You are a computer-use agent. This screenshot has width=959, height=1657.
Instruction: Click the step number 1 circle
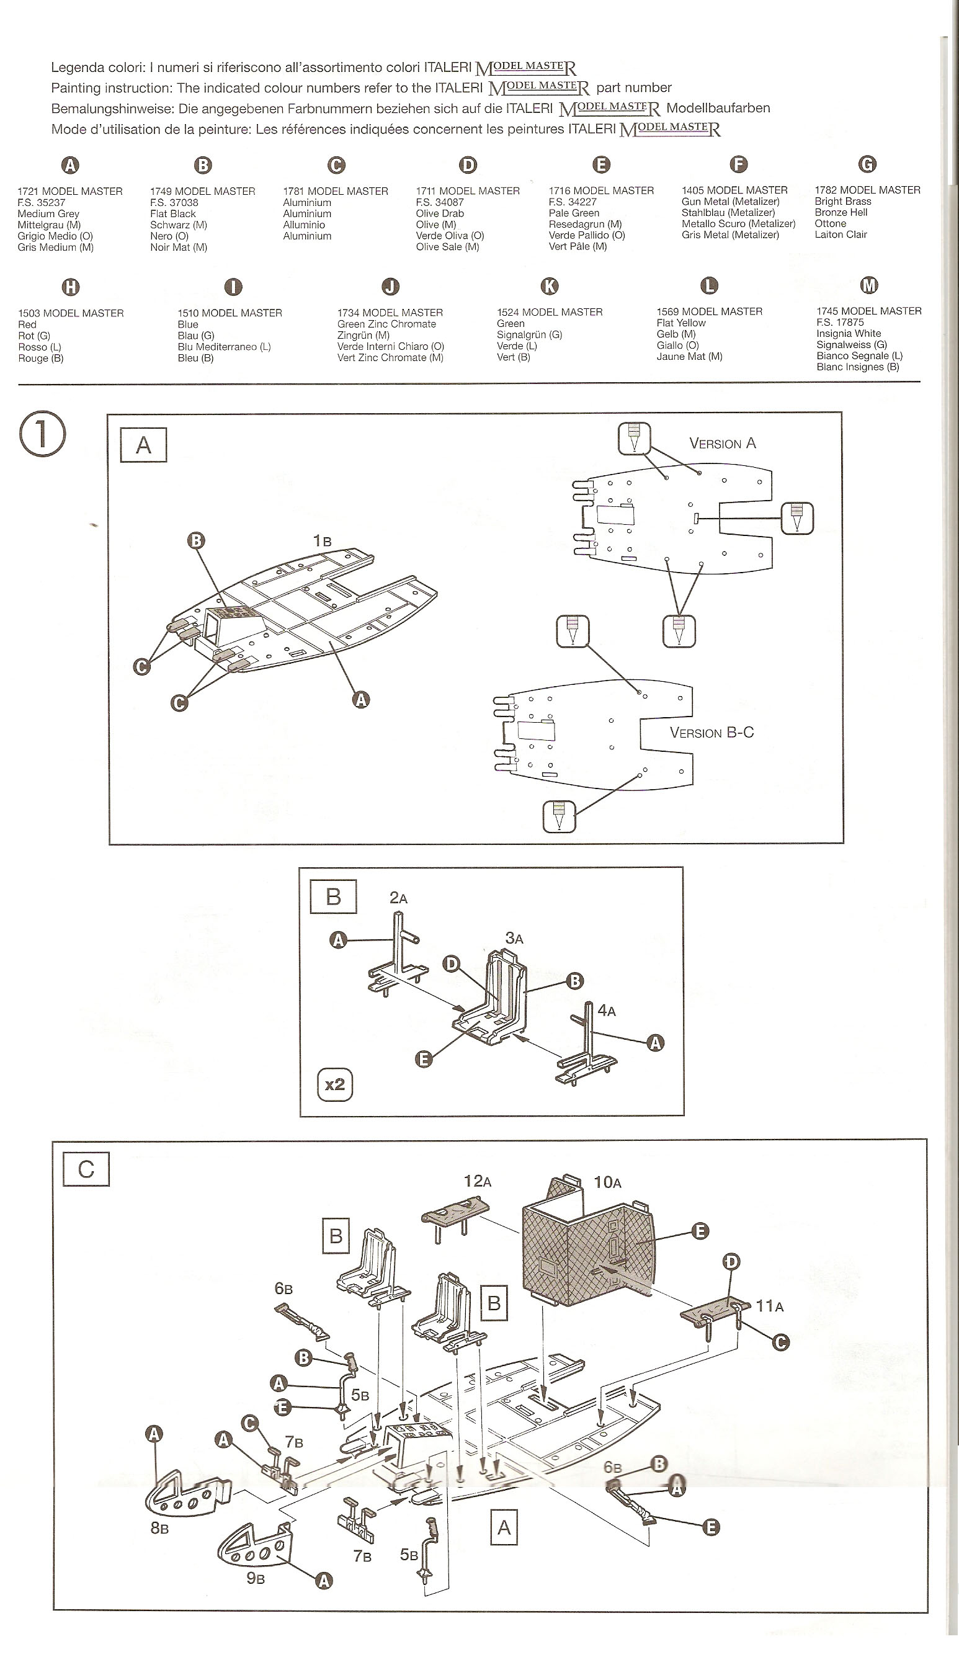(x=43, y=434)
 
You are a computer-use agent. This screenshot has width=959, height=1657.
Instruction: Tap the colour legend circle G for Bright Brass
(x=867, y=164)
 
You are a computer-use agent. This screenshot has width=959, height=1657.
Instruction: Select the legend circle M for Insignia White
(x=869, y=285)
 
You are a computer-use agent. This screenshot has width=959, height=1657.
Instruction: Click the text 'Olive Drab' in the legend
(x=440, y=213)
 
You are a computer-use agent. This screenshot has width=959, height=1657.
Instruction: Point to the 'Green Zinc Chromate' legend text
(x=386, y=324)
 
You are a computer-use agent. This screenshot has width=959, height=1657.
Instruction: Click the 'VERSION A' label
(x=723, y=444)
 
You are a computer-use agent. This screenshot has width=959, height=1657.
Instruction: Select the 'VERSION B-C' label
(x=712, y=733)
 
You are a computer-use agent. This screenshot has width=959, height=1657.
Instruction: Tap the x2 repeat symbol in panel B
(x=334, y=1084)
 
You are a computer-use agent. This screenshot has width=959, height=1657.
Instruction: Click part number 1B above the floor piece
(x=322, y=540)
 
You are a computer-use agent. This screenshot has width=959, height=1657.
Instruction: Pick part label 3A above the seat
(x=514, y=939)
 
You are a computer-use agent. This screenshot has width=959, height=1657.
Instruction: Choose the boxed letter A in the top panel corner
(x=143, y=445)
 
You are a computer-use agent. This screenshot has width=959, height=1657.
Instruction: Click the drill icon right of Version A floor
(x=797, y=518)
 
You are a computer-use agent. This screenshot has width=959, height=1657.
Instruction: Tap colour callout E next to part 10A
(x=701, y=1231)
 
